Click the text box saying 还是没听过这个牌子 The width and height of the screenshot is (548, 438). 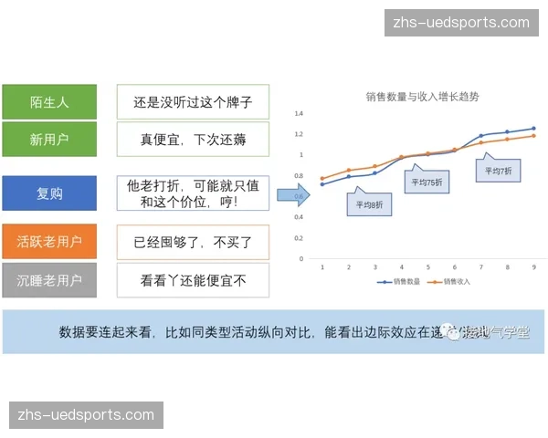coord(193,102)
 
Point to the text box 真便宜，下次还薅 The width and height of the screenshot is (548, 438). coord(193,141)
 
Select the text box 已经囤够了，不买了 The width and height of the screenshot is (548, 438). coord(193,242)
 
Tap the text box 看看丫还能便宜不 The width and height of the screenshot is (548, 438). coord(193,280)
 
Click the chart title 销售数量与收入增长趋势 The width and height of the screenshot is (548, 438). coord(421,96)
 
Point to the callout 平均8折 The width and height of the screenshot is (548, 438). coord(370,204)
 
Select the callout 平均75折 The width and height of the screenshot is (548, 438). coord(426,181)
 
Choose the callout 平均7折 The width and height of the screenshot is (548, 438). coord(499,170)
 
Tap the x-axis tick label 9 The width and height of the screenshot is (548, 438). coord(533,267)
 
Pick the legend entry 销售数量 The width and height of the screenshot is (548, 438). coord(399,282)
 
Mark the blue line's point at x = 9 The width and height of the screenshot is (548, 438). coord(533,129)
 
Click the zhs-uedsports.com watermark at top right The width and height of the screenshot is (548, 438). coord(460,23)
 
